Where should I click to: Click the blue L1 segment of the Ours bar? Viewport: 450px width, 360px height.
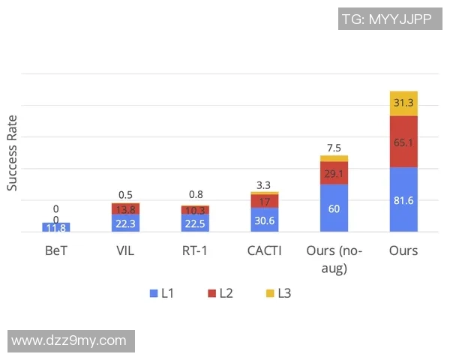(x=403, y=199)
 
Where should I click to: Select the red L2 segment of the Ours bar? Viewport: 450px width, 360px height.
(x=403, y=141)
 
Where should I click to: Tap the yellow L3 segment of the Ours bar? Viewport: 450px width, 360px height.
(x=403, y=103)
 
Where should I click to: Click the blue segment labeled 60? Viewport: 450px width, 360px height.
(x=334, y=208)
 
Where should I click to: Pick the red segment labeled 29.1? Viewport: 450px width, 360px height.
(x=334, y=172)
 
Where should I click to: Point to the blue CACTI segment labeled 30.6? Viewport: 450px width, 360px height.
(x=265, y=220)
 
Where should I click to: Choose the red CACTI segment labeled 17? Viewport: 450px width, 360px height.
(x=265, y=201)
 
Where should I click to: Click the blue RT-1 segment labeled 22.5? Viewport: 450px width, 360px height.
(x=196, y=223)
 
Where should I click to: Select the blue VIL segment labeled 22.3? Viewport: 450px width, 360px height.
(x=125, y=223)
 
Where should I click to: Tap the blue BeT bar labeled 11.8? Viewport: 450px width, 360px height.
(x=56, y=227)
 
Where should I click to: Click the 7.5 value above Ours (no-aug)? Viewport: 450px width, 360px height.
(x=334, y=148)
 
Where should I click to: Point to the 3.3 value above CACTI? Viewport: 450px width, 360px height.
(x=265, y=184)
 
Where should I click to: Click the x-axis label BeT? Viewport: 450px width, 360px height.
(x=56, y=250)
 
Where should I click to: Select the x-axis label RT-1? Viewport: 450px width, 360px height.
(x=196, y=250)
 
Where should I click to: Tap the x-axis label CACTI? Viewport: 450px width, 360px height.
(x=265, y=250)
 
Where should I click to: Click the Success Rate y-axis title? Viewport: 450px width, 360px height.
(x=13, y=152)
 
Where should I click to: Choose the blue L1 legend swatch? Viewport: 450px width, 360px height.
(x=154, y=293)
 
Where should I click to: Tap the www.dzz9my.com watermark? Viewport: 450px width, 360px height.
(x=69, y=340)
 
